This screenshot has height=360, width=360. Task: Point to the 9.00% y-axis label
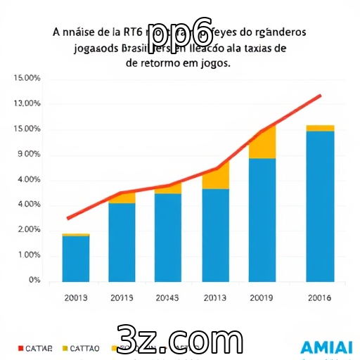pyautogui.click(x=28, y=155)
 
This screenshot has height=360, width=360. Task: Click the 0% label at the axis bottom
pyautogui.click(x=34, y=281)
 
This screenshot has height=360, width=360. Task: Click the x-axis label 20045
pyautogui.click(x=167, y=298)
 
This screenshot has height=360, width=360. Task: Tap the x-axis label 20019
pyautogui.click(x=262, y=298)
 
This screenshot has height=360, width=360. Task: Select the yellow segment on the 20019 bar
pyautogui.click(x=262, y=143)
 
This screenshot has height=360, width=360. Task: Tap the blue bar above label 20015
pyautogui.click(x=122, y=242)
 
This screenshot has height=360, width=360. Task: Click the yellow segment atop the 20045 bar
pyautogui.click(x=168, y=188)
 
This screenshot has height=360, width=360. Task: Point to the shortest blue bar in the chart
pyautogui.click(x=75, y=258)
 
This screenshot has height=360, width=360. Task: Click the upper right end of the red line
pyautogui.click(x=321, y=95)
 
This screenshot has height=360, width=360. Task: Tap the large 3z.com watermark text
pyautogui.click(x=179, y=341)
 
